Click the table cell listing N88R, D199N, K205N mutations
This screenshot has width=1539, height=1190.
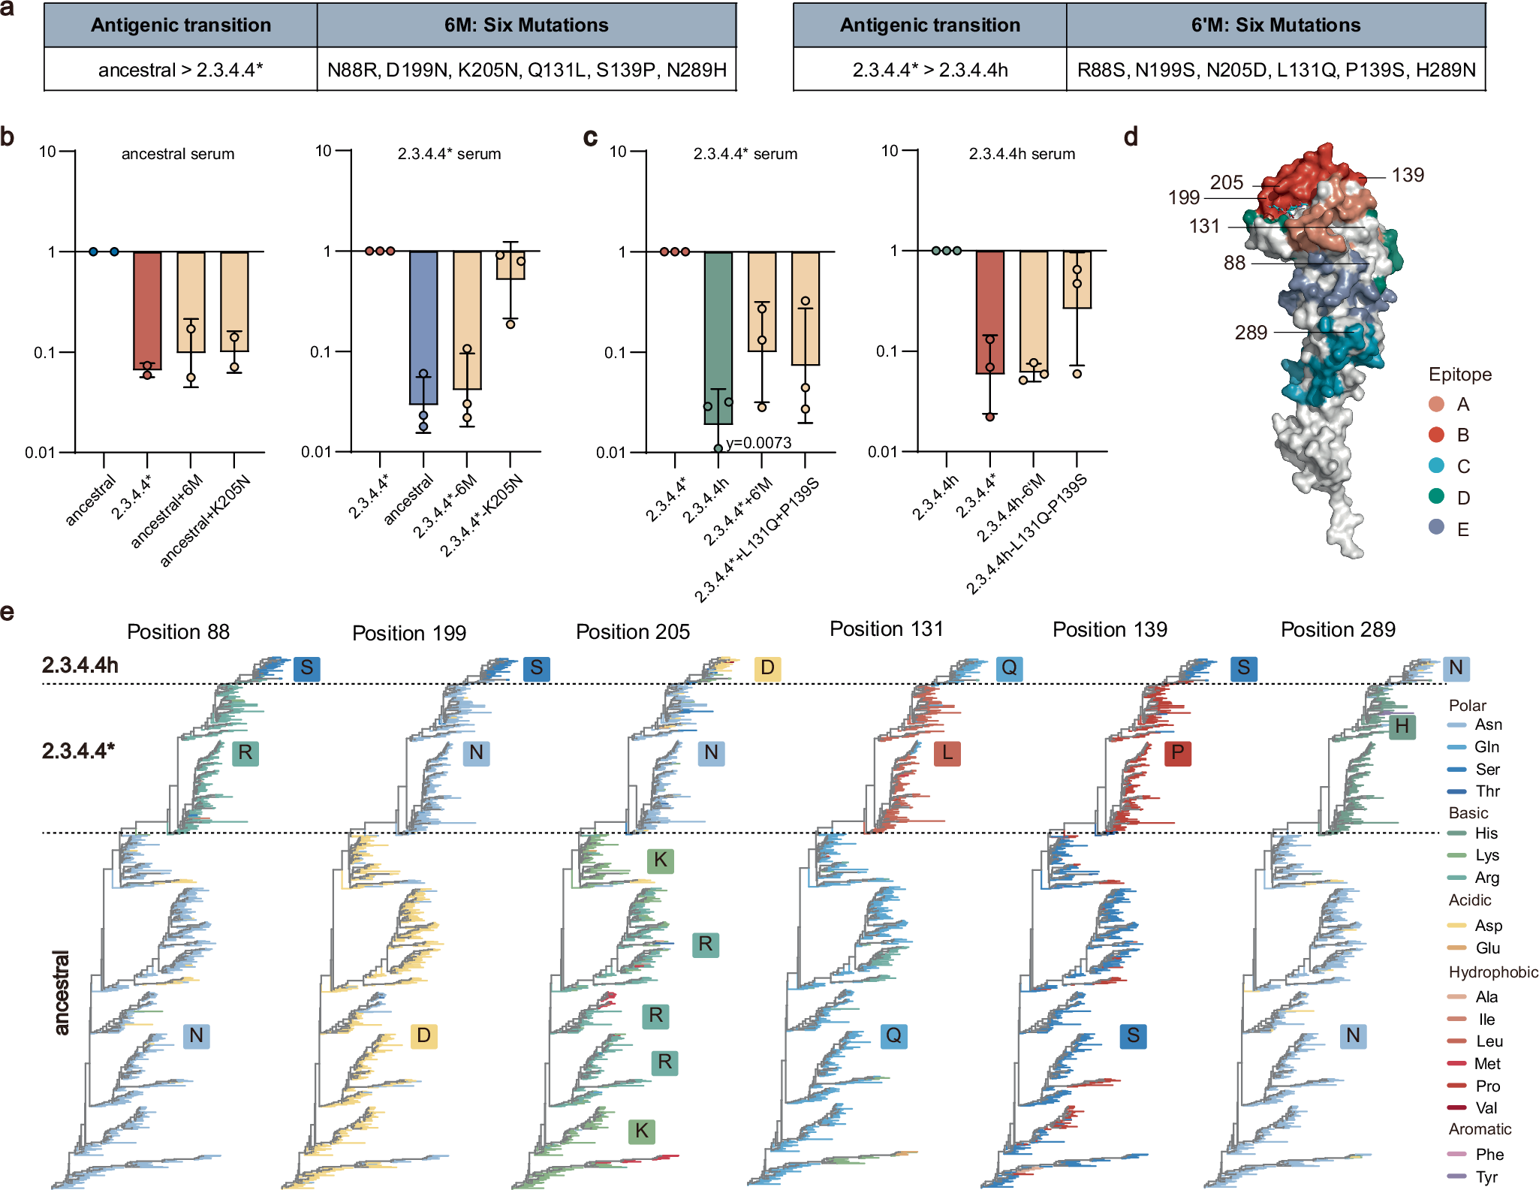click(526, 70)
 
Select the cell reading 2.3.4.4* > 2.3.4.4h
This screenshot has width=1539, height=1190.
click(929, 70)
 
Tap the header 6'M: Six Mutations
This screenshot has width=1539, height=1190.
click(1275, 25)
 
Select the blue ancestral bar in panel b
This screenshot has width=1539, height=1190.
click(423, 327)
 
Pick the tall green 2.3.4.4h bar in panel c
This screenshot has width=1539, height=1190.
click(718, 338)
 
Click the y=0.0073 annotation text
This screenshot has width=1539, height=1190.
click(758, 443)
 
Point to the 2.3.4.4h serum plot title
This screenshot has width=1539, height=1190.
click(1021, 154)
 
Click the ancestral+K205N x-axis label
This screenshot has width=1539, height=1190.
click(204, 520)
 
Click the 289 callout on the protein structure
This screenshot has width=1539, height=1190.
click(1251, 333)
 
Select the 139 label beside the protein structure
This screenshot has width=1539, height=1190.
click(1407, 175)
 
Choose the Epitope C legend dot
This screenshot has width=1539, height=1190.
click(1436, 466)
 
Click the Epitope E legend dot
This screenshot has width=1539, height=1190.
click(1436, 529)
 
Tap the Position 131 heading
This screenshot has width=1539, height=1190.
click(886, 629)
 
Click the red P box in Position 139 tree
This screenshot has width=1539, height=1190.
click(1177, 753)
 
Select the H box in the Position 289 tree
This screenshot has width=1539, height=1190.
click(1401, 727)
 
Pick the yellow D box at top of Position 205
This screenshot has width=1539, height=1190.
click(766, 668)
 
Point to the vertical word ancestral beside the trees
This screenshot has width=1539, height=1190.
click(62, 993)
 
